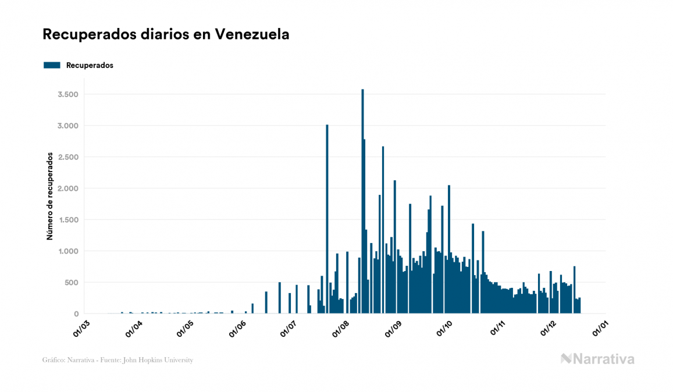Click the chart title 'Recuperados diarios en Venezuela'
point(166,34)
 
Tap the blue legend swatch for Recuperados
point(52,65)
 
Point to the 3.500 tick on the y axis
point(69,94)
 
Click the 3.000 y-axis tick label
point(69,126)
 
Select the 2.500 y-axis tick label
point(69,157)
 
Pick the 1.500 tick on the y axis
point(69,220)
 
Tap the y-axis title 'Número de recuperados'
point(50,196)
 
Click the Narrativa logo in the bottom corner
point(597,359)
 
